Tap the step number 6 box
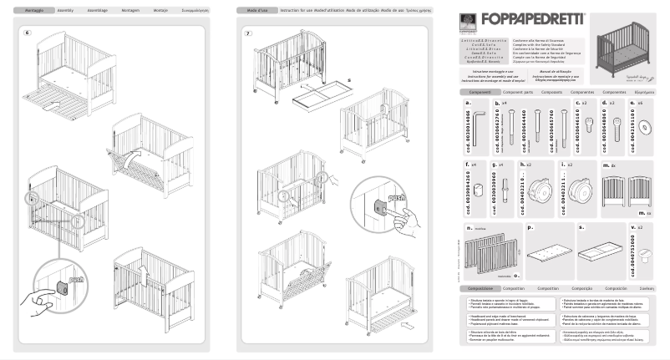(x=28, y=33)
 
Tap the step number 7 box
(x=248, y=33)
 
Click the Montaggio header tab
(x=30, y=12)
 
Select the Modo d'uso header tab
(x=251, y=12)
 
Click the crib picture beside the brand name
(x=625, y=44)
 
